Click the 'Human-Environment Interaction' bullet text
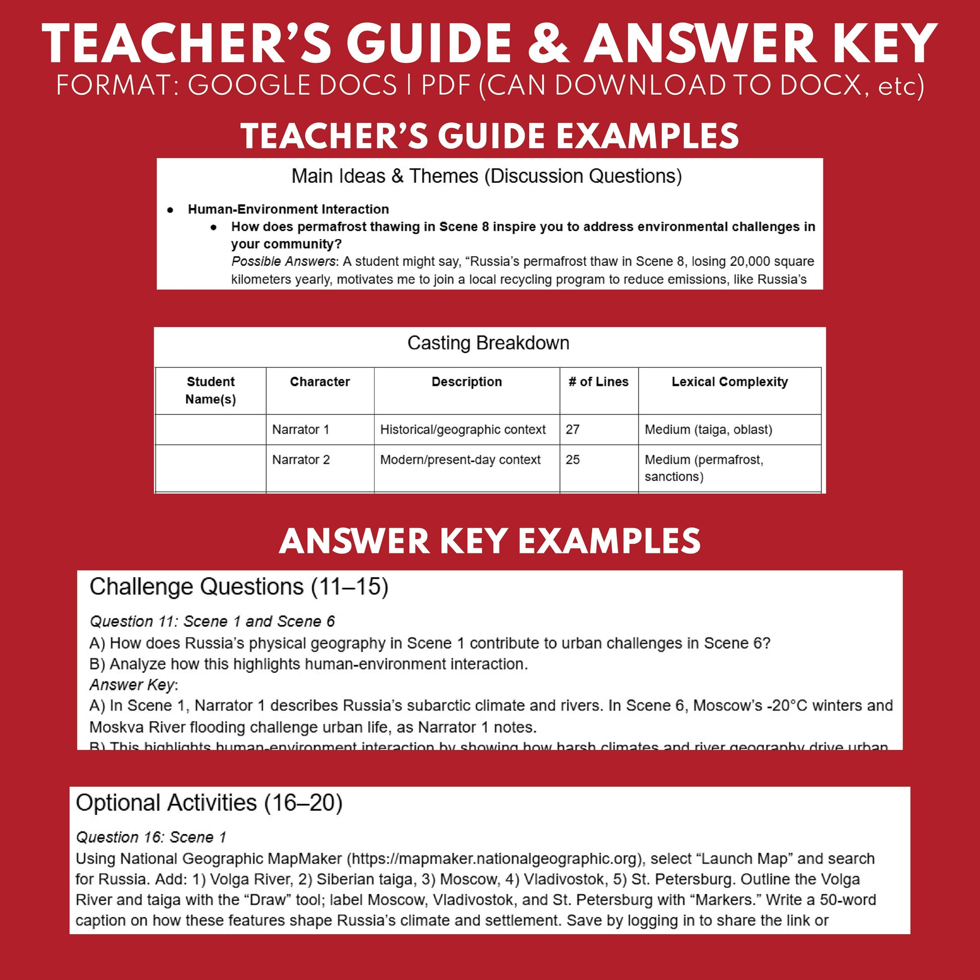[288, 209]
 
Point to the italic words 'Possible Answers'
[283, 261]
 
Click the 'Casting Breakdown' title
[488, 343]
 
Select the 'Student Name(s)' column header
[211, 390]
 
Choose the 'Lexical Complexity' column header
[729, 381]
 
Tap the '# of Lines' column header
[598, 381]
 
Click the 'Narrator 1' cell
[301, 430]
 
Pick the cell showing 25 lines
[573, 460]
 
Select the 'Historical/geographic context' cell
[463, 430]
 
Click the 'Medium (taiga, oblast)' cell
[708, 430]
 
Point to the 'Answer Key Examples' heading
[489, 541]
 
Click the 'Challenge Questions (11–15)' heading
[239, 587]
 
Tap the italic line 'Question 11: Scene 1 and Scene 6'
[212, 621]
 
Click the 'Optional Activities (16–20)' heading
[209, 803]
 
